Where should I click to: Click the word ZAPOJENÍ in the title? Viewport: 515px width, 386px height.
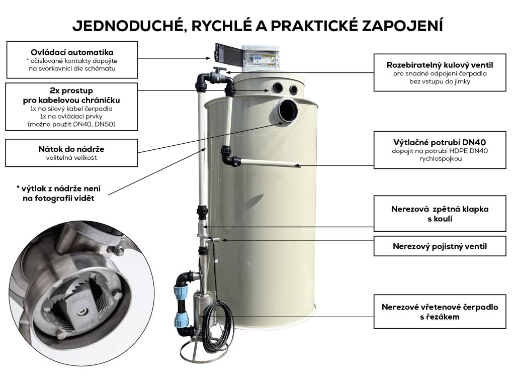[x=402, y=25]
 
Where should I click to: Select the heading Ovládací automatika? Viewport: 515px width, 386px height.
[x=72, y=52]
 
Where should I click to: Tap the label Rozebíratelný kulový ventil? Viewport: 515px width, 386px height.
[x=440, y=65]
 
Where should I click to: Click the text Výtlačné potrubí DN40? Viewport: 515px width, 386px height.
[x=440, y=142]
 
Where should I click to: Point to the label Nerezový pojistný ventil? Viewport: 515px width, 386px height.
[x=440, y=246]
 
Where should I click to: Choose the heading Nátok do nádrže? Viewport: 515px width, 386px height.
[x=71, y=149]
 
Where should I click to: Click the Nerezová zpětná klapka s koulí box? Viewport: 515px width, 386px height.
[x=440, y=214]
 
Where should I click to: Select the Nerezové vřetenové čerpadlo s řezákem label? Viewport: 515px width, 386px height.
[x=440, y=312]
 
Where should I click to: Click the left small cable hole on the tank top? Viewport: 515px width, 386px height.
[x=278, y=87]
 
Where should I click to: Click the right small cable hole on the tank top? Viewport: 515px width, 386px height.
[x=293, y=89]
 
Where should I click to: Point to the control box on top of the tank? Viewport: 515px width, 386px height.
[x=261, y=58]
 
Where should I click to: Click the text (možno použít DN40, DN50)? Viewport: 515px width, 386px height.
[x=71, y=124]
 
